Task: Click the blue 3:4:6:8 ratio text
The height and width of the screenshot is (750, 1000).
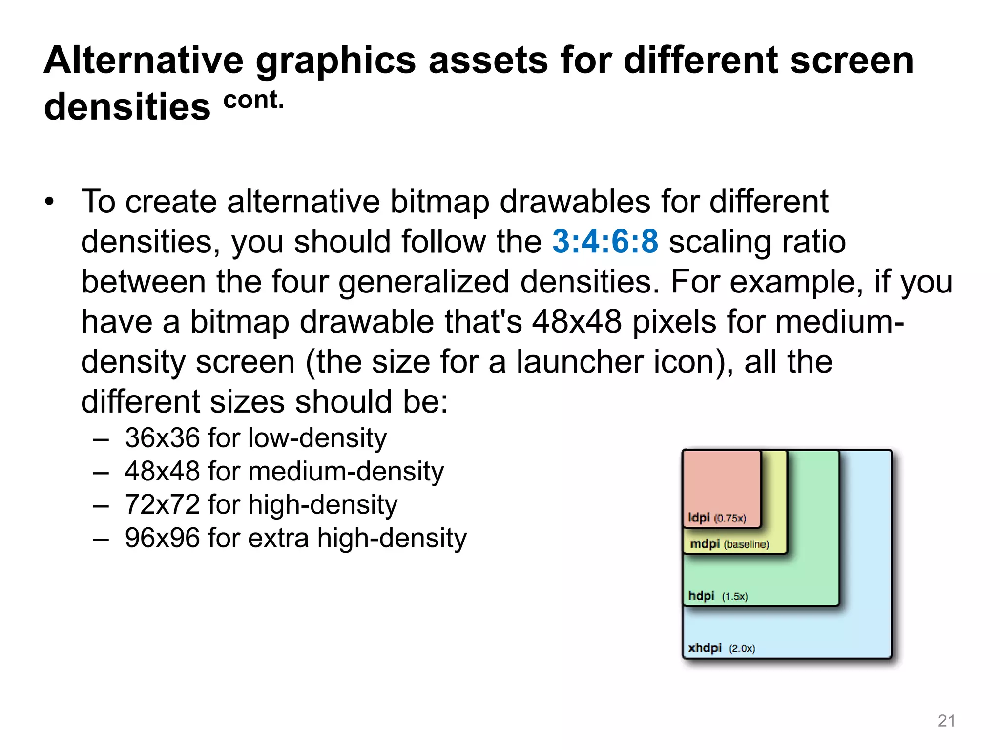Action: coord(605,242)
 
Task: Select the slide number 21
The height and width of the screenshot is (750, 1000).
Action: coord(946,721)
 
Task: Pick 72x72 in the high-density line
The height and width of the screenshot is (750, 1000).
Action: coord(162,504)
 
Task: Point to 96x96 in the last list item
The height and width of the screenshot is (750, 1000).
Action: coord(162,538)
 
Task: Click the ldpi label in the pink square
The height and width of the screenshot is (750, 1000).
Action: coord(698,518)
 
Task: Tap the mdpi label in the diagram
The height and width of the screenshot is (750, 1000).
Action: coord(705,543)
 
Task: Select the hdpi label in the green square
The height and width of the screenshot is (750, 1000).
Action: coord(701,596)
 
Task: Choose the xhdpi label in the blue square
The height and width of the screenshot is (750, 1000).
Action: coord(705,648)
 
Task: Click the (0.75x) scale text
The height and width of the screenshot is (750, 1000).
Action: coord(730,518)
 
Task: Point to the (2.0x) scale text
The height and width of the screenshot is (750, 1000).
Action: coord(742,648)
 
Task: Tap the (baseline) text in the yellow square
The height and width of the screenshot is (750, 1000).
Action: coord(746,544)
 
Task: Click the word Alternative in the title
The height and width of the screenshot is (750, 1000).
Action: coord(144,60)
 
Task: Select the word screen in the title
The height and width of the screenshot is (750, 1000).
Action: coord(851,60)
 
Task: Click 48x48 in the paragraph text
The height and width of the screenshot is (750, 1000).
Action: coord(577,322)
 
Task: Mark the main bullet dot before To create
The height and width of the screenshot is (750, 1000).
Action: coord(49,202)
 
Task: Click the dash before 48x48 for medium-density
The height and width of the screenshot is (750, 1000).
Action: coord(101,472)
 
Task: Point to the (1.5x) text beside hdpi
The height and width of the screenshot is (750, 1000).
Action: coord(735,596)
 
